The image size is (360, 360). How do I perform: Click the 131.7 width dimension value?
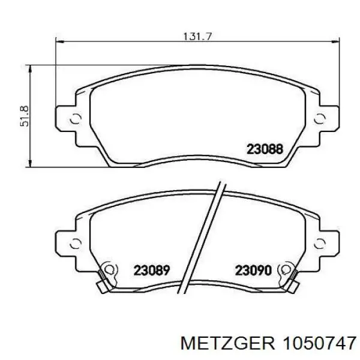(x=197, y=37)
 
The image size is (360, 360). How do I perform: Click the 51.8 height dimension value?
(x=25, y=116)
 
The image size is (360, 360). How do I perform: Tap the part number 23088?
(x=265, y=149)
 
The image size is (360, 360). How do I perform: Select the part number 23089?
(x=152, y=270)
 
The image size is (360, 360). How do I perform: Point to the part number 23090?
(x=253, y=270)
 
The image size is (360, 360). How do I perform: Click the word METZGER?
(x=227, y=343)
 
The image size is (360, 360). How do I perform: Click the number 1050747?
(x=319, y=343)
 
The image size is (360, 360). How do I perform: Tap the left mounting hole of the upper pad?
(x=76, y=118)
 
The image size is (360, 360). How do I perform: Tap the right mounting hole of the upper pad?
(x=320, y=118)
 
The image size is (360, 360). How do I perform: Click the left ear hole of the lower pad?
(x=76, y=244)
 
